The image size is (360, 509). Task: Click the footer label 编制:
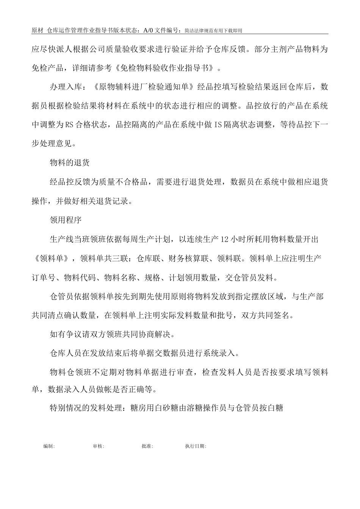[x=49, y=446]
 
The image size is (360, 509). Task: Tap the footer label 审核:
[x=99, y=446]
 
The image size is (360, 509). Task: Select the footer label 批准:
[x=147, y=446]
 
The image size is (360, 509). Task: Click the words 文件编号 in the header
[x=168, y=30]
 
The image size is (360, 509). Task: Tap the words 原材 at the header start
[x=37, y=30]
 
